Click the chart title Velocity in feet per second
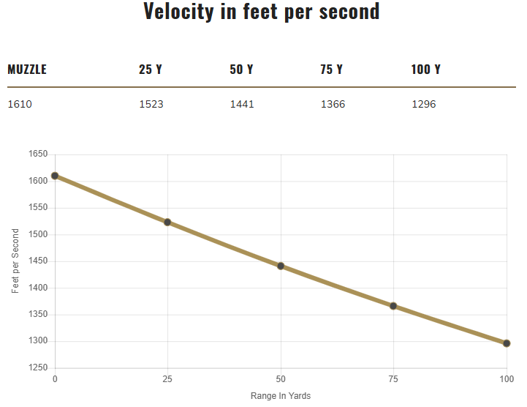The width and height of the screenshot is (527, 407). pos(262,12)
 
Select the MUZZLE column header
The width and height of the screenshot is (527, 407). pos(27,70)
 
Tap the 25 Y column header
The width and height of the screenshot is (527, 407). pos(151,70)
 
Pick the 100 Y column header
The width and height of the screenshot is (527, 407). pos(426,70)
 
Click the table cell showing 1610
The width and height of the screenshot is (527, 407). pos(20,104)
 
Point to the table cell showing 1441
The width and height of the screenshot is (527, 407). pos(242,104)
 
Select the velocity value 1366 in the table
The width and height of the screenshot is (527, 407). pos(333,104)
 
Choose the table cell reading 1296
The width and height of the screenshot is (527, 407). pos(424,104)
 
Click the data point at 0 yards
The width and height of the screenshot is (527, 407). pos(55,176)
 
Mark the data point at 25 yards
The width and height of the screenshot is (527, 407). pos(167,222)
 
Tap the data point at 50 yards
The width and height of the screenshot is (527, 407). pos(281,266)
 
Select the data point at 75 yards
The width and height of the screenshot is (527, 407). pos(393,306)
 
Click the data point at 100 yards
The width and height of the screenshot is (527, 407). pos(507,343)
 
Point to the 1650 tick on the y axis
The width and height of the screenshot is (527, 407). pos(38,154)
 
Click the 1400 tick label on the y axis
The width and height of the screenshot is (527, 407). pos(38,288)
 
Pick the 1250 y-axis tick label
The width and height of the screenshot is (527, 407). pos(38,368)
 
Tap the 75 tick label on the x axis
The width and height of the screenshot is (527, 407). pos(393,379)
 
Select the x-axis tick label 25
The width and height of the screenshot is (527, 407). pos(167,379)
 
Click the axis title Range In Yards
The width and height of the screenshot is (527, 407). pos(281,396)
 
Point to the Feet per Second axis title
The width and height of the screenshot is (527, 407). pos(15,261)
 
